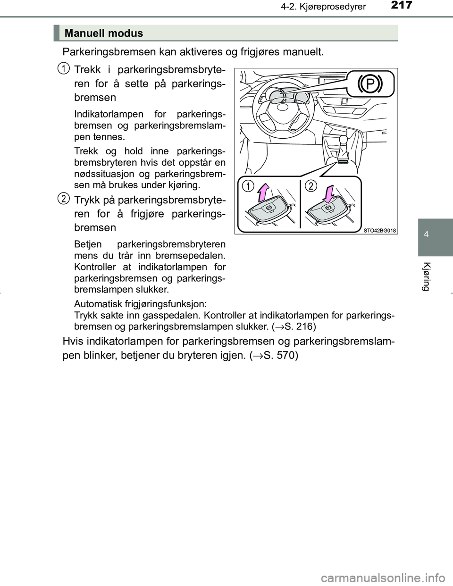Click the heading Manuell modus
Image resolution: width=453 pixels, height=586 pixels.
[104, 33]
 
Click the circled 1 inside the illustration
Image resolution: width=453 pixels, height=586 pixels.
[247, 186]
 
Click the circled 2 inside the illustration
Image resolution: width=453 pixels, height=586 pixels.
[310, 186]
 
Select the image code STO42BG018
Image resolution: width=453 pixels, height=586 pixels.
[380, 230]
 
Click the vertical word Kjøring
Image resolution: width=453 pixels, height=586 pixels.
[426, 276]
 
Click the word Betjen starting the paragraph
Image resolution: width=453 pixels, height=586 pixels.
[88, 244]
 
